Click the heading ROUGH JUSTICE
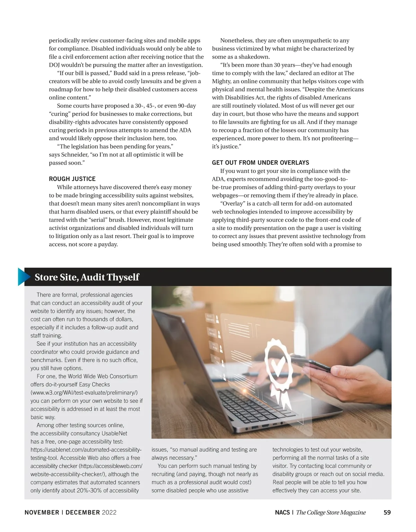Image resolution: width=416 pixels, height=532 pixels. click(72, 179)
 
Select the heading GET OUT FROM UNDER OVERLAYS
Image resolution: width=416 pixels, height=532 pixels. click(260, 163)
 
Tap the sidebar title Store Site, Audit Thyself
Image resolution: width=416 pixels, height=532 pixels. click(87, 277)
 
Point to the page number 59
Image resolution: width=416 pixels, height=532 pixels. click(387, 512)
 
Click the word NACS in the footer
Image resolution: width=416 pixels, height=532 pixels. click(282, 512)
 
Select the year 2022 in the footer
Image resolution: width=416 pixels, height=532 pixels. click(109, 512)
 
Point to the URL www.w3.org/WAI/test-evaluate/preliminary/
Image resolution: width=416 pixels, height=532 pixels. click(84, 393)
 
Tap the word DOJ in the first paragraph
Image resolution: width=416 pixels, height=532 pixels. click(55, 65)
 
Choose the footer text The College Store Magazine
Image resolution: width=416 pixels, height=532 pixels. click(331, 512)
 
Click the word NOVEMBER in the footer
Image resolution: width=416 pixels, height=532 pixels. click(42, 512)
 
